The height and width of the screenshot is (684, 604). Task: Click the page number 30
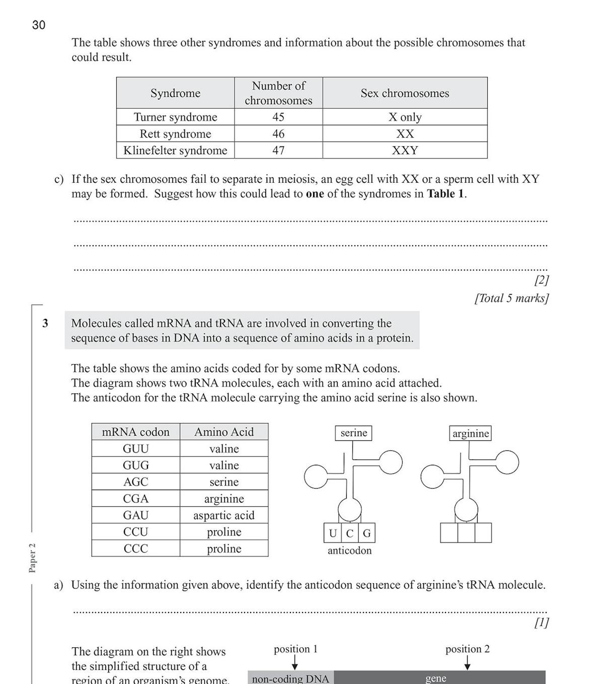(x=39, y=25)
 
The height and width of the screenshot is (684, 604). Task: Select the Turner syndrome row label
(x=175, y=117)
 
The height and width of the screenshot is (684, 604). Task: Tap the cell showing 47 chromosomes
(x=278, y=150)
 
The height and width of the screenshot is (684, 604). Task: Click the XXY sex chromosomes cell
(x=405, y=150)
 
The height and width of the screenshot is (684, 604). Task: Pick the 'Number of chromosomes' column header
(x=278, y=93)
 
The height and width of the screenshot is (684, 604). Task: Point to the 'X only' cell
(x=405, y=117)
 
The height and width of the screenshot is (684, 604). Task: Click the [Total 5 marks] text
(x=511, y=298)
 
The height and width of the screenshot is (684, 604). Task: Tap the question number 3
(x=45, y=323)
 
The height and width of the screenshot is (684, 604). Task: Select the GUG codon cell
(x=136, y=465)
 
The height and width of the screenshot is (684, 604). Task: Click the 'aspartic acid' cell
(x=224, y=515)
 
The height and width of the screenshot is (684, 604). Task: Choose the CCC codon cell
(x=136, y=549)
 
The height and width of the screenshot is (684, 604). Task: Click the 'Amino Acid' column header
(x=224, y=432)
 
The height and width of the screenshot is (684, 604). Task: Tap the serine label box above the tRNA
(x=353, y=433)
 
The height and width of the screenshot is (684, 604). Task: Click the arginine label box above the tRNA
(x=471, y=433)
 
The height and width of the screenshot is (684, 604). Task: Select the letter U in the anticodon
(x=333, y=533)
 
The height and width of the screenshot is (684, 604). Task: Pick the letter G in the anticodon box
(x=366, y=533)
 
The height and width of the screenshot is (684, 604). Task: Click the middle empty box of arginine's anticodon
(x=466, y=533)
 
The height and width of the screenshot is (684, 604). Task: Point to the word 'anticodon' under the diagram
(x=349, y=551)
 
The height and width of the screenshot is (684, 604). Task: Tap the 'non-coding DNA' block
(x=290, y=678)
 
